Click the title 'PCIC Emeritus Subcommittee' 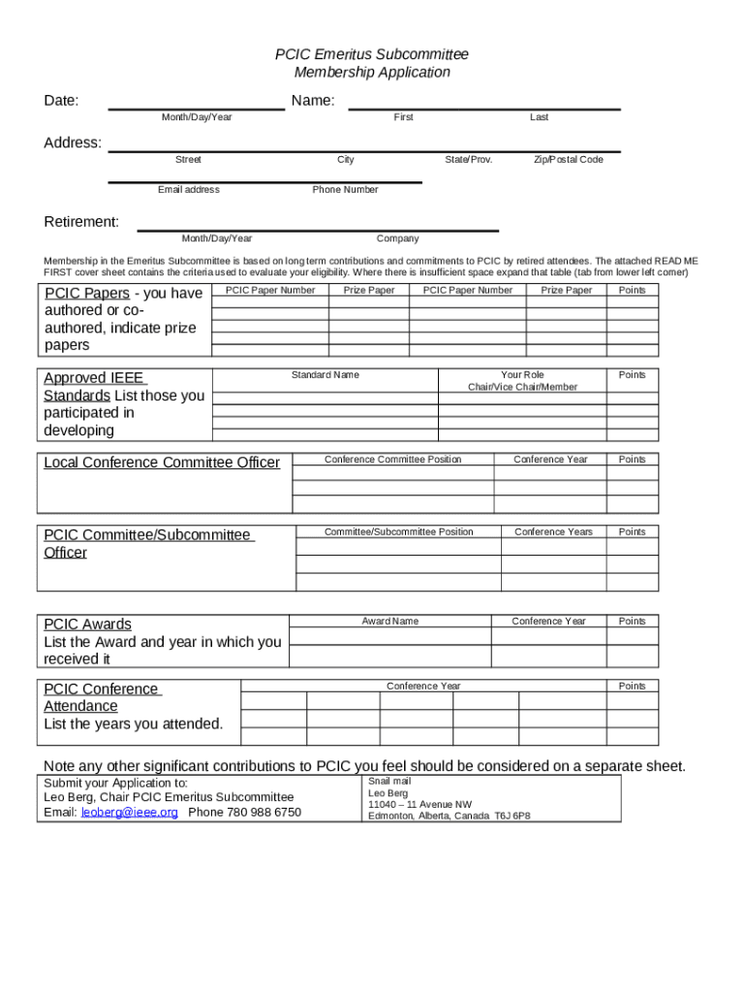pos(372,54)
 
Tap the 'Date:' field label pos(62,101)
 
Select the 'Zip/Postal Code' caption pos(568,160)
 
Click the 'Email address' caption pos(188,190)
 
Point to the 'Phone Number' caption pos(345,190)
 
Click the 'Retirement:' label pos(82,222)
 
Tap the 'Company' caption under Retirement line pos(397,239)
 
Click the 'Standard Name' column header pos(325,375)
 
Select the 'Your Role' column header pos(522,375)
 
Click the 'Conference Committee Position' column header pos(392,460)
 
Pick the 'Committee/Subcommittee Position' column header pos(398,532)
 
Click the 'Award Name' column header pos(390,622)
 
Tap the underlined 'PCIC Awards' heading pos(87,625)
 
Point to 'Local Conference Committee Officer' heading pos(162,463)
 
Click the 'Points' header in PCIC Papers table pos(632,291)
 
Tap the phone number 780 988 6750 pos(244,813)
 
